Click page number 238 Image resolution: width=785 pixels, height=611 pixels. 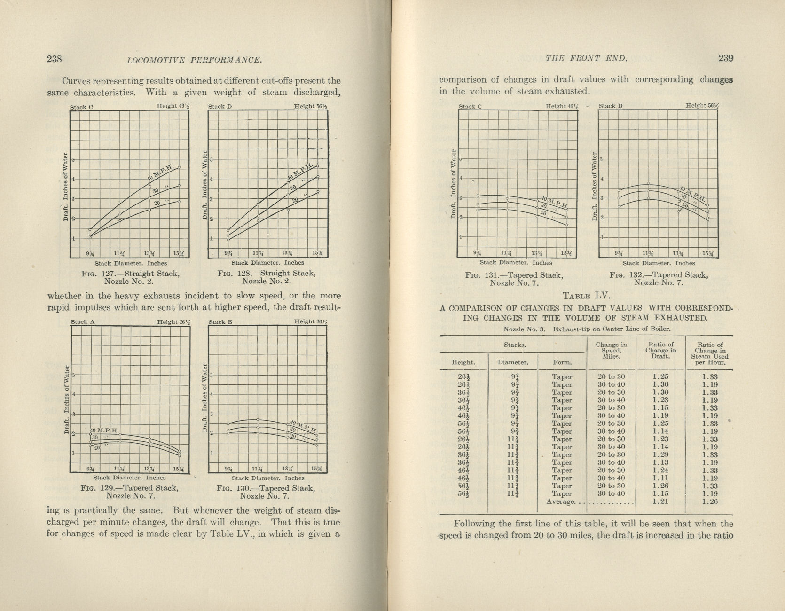[55, 59]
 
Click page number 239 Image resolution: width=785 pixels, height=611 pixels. [726, 58]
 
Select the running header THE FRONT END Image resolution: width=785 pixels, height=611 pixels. [586, 59]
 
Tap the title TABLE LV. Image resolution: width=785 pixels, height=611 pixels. [587, 296]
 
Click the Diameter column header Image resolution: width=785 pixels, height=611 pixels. [513, 362]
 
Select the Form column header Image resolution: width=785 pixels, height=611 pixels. [562, 362]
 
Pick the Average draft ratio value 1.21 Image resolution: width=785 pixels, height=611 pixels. [660, 501]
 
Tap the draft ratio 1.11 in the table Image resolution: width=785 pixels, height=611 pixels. [660, 478]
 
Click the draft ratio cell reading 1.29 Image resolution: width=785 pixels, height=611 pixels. [660, 454]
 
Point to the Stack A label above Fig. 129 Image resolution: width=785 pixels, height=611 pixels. [83, 322]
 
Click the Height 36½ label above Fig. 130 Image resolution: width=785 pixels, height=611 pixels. [311, 321]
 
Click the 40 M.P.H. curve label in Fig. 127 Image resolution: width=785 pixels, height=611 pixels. [160, 173]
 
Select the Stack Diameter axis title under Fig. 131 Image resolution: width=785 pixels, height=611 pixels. [516, 263]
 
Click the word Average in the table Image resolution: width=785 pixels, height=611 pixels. [561, 501]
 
